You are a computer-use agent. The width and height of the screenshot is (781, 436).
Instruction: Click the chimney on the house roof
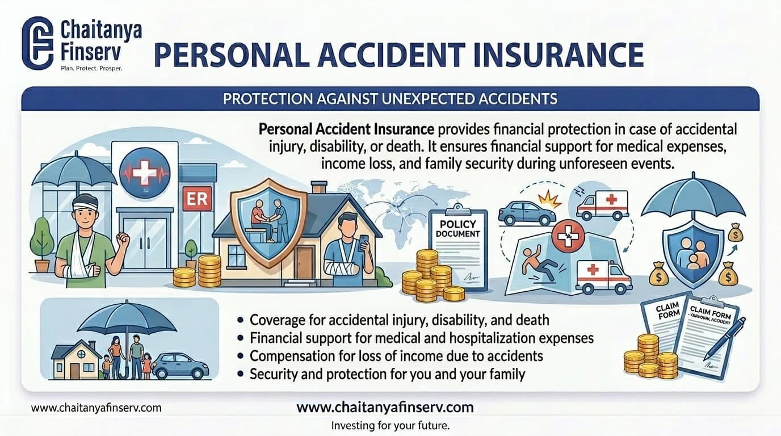[319, 187]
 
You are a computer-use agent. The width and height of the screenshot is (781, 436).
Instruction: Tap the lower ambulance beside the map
[602, 276]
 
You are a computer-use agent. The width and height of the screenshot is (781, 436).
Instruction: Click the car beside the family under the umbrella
[180, 366]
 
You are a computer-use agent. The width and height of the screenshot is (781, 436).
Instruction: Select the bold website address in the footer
[385, 408]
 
